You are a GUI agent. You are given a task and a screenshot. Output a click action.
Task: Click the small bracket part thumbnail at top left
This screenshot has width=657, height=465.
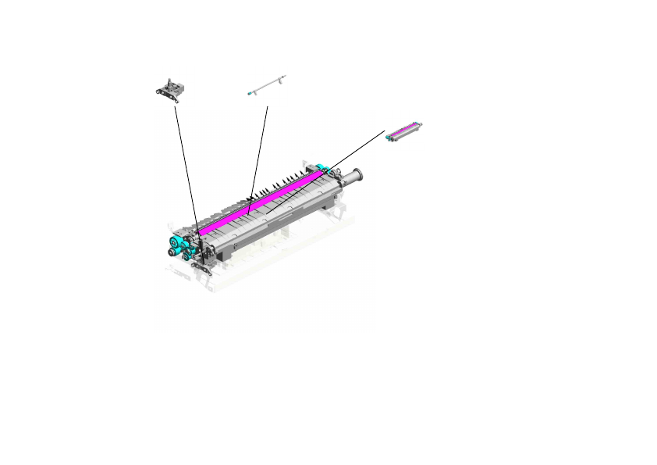(x=170, y=89)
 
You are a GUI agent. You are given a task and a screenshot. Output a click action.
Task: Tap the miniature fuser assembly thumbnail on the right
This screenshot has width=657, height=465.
(x=404, y=130)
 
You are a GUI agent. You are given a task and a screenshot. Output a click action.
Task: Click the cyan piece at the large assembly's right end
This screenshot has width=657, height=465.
(x=320, y=170)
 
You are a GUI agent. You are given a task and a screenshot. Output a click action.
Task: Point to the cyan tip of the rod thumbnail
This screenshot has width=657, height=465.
(x=248, y=93)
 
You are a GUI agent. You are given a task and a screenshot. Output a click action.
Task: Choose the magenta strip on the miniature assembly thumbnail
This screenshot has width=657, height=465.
(x=406, y=127)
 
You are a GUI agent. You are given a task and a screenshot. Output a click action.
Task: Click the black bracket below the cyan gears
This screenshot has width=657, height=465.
(x=201, y=268)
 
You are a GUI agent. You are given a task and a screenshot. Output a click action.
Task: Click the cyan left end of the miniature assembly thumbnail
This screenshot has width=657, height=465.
(x=389, y=137)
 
